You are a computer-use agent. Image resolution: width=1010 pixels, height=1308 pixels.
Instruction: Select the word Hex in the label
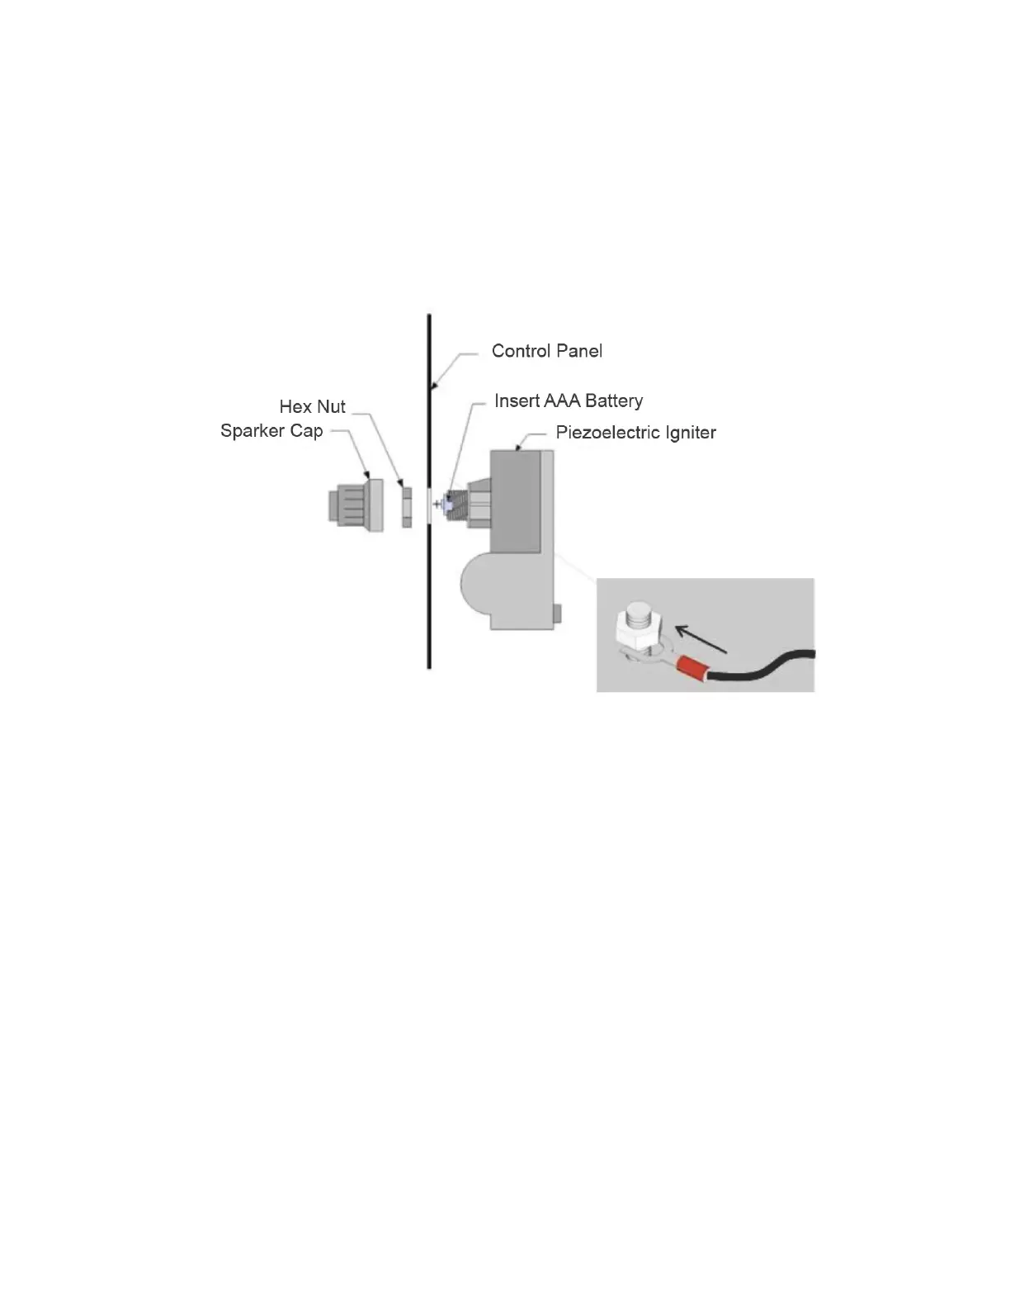pos(295,406)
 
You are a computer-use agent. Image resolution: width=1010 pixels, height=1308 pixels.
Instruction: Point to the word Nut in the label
pos(332,406)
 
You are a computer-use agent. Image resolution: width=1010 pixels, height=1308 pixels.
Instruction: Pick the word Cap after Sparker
pos(305,431)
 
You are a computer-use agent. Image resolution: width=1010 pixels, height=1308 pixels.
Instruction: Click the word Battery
pos(613,400)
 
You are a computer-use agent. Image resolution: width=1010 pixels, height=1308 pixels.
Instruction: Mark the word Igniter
pos(691,432)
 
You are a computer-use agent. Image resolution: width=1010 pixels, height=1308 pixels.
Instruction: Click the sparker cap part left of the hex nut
pos(356,505)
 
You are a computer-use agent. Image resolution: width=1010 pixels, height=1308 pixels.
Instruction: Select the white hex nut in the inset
pos(635,632)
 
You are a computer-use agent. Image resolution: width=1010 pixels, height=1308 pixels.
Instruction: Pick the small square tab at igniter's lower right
pos(558,613)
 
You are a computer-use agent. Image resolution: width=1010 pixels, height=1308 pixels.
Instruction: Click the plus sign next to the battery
pos(437,503)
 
